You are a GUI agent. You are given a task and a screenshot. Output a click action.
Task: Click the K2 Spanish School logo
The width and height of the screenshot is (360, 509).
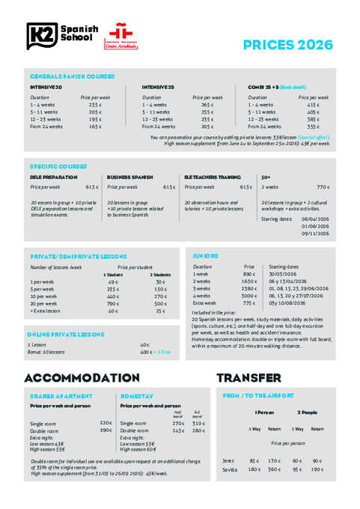[x=61, y=34]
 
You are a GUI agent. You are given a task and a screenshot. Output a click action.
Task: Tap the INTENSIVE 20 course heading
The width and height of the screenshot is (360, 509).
[x=46, y=87]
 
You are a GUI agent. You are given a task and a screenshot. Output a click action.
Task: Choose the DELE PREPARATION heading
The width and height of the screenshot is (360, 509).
[x=52, y=177]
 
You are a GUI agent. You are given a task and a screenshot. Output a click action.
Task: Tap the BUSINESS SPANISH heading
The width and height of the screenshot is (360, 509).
[x=130, y=177]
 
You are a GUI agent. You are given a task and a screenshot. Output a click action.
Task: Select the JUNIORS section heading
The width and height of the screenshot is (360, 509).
[x=206, y=256]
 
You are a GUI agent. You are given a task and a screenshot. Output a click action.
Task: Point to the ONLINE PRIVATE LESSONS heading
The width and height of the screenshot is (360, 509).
[x=65, y=334]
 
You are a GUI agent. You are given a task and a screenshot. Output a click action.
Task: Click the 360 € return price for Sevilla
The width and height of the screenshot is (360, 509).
[x=274, y=469]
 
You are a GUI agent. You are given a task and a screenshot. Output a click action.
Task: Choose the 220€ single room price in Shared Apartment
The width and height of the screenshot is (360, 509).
[x=106, y=423]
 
